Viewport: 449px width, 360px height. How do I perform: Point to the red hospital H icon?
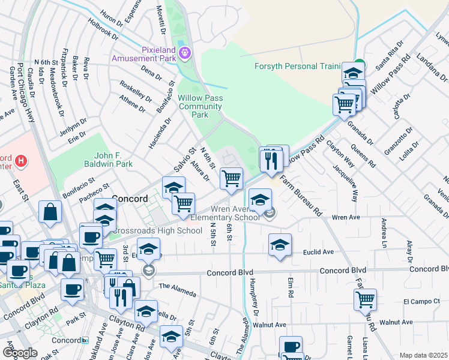tap(22, 161)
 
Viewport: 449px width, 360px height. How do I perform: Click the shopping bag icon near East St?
tap(50, 212)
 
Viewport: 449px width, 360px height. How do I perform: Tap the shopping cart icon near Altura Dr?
tap(231, 178)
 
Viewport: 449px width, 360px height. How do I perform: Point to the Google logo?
tap(20, 352)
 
